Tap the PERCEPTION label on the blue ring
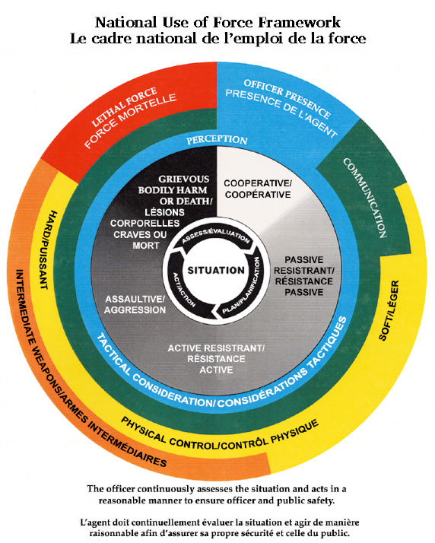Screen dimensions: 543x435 click(217, 141)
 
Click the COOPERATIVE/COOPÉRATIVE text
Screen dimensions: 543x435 click(256, 189)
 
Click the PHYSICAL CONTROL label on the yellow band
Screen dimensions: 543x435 click(221, 435)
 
